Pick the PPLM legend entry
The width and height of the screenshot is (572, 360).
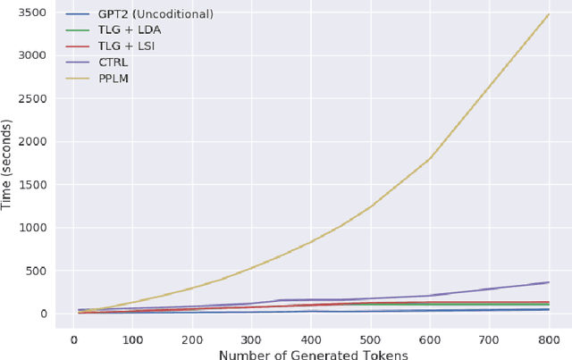[108, 80]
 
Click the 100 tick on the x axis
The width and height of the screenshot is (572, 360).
[132, 340]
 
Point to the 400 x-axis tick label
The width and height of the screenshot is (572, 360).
[311, 340]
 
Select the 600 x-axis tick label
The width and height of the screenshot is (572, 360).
[430, 340]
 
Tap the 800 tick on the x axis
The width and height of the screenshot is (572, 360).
[549, 340]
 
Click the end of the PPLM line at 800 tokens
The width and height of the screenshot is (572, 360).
[549, 14]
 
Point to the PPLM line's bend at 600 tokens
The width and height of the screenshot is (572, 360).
[430, 159]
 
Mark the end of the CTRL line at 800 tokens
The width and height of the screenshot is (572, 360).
[549, 282]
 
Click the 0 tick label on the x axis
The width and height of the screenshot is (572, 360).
[73, 340]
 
